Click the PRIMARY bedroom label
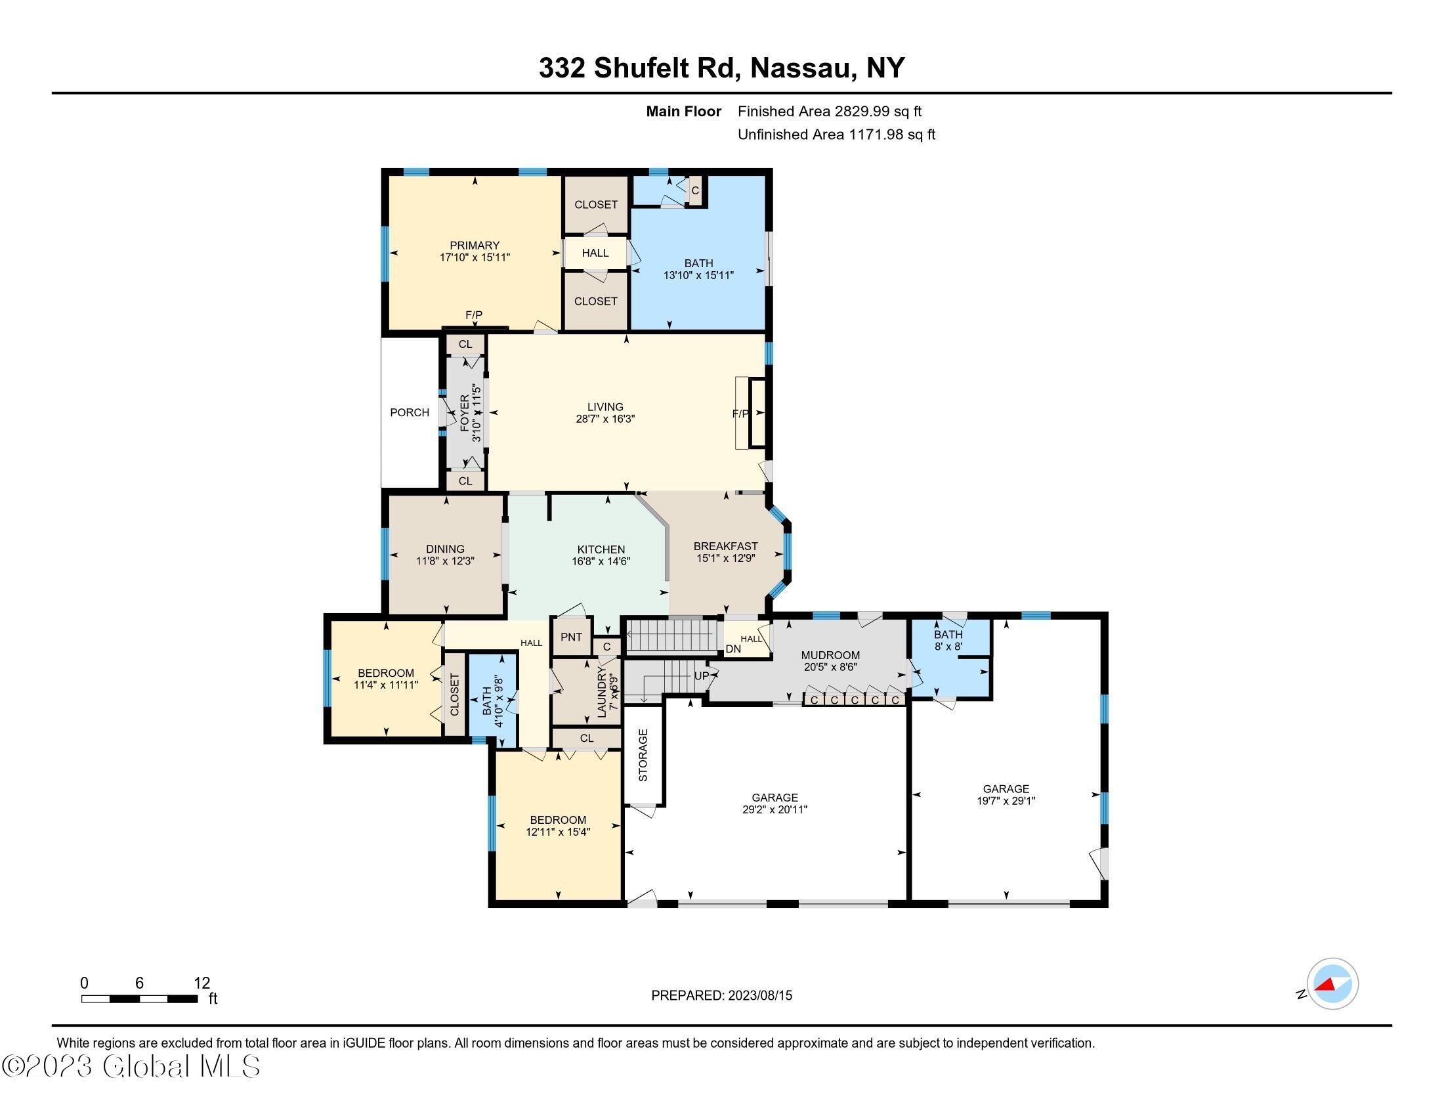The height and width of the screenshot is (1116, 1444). click(474, 246)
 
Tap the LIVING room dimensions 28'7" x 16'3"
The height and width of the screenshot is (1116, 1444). click(605, 419)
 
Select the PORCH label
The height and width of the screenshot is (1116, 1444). click(410, 412)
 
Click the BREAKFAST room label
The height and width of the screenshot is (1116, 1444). click(725, 546)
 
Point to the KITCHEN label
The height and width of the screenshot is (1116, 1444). click(601, 549)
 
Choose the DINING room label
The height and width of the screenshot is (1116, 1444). click(445, 549)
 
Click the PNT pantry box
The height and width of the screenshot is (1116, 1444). click(571, 637)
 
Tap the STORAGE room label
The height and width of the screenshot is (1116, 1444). click(643, 755)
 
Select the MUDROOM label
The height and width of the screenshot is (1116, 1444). click(830, 655)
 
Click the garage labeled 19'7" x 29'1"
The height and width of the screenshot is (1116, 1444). click(1006, 795)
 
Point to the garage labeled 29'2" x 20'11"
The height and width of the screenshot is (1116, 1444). click(775, 804)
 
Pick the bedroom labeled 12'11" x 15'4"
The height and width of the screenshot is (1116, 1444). click(558, 826)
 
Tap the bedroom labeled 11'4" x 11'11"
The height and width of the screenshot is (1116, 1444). click(385, 679)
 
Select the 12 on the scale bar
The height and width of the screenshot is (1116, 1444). click(202, 983)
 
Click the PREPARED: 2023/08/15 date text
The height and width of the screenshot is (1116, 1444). click(721, 996)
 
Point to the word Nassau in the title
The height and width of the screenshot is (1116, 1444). click(801, 68)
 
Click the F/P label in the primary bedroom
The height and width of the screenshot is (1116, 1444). click(474, 315)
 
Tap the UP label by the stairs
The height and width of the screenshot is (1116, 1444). click(701, 676)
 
